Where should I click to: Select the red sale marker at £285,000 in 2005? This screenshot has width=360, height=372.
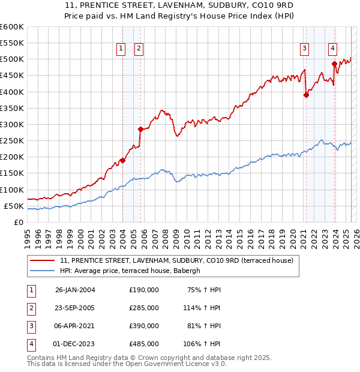pyautogui.click(x=140, y=129)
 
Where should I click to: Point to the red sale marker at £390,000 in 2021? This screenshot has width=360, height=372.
pyautogui.click(x=306, y=95)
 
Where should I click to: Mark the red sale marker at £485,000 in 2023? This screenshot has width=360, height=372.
pyautogui.click(x=334, y=64)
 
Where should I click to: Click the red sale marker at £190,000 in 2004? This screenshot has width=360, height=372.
pyautogui.click(x=122, y=160)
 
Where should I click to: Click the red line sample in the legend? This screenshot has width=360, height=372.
pyautogui.click(x=41, y=260)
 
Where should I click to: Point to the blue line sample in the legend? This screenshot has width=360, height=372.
pyautogui.click(x=41, y=271)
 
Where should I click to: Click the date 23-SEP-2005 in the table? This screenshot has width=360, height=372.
pyautogui.click(x=75, y=308)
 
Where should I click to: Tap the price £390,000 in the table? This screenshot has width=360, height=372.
pyautogui.click(x=144, y=326)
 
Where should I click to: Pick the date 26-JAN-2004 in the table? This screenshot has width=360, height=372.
pyautogui.click(x=75, y=290)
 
